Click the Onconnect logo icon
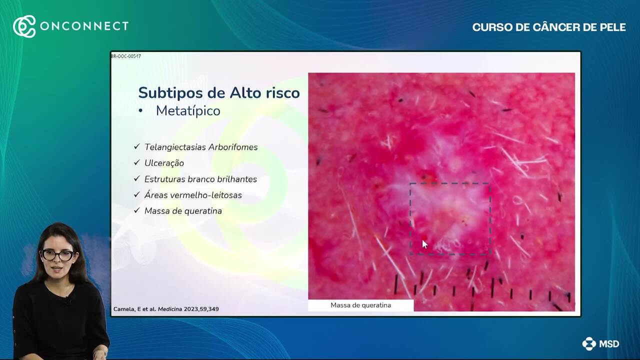point(24,26)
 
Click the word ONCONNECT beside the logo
point(84,26)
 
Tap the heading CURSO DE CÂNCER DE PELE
point(549,27)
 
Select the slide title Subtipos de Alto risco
point(219,92)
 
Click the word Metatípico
point(188,111)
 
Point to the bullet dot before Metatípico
point(140,111)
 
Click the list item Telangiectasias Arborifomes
point(201,147)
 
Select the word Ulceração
point(164,163)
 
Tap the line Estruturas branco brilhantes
point(200,179)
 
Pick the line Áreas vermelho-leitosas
point(193,195)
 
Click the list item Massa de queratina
point(183,211)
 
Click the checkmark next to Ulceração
point(137,162)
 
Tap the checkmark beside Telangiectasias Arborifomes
point(137,146)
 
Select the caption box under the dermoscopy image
point(361,305)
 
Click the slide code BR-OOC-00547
point(126,56)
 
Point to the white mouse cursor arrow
point(425,244)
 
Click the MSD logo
point(600,343)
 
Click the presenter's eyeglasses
point(57,255)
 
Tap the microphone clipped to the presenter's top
point(67,301)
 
